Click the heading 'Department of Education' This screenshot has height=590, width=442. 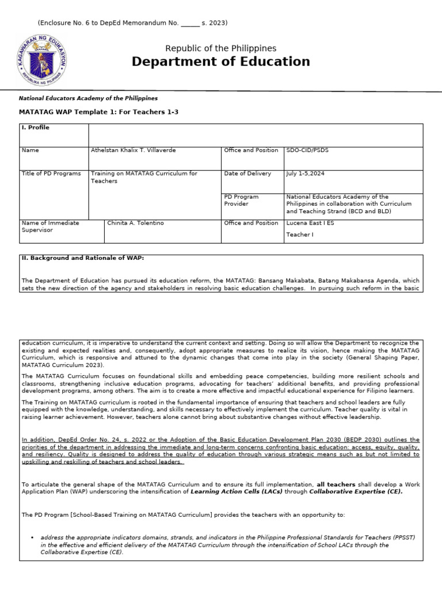(220, 62)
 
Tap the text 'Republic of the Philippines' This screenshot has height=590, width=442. (220, 48)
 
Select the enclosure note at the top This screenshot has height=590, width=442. (132, 23)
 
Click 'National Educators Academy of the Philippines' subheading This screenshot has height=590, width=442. (88, 99)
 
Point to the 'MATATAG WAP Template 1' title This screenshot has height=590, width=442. (99, 112)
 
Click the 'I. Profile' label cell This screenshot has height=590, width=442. (35, 128)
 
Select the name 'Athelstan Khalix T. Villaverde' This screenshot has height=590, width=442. (134, 150)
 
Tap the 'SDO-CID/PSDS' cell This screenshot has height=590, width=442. (307, 150)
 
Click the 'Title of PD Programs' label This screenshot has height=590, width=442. (51, 173)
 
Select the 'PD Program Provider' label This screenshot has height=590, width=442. (241, 200)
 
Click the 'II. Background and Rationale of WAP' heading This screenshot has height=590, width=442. (82, 258)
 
